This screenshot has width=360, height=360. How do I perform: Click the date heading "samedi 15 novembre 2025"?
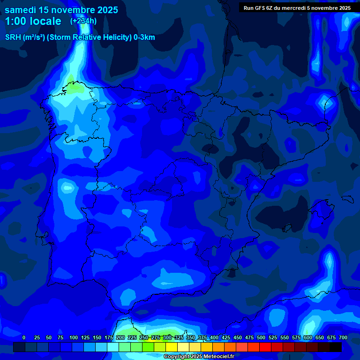click(61, 10)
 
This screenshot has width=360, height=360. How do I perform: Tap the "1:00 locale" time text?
click(33, 21)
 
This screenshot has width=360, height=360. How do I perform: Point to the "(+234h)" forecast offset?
click(83, 21)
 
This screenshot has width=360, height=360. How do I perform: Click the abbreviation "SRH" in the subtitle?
click(13, 37)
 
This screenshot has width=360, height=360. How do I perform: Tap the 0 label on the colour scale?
click(24, 337)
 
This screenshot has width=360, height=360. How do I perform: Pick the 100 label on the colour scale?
click(74, 337)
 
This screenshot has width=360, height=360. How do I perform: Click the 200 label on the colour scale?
click(120, 337)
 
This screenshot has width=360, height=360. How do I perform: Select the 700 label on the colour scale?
click(343, 337)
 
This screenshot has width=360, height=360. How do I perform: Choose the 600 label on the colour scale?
click(308, 337)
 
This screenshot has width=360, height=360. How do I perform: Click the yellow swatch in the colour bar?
click(172, 347)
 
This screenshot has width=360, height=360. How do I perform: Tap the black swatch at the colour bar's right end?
click(336, 347)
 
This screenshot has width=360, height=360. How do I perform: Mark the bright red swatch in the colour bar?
click(265, 347)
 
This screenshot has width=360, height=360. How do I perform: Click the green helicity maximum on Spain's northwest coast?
click(71, 87)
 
